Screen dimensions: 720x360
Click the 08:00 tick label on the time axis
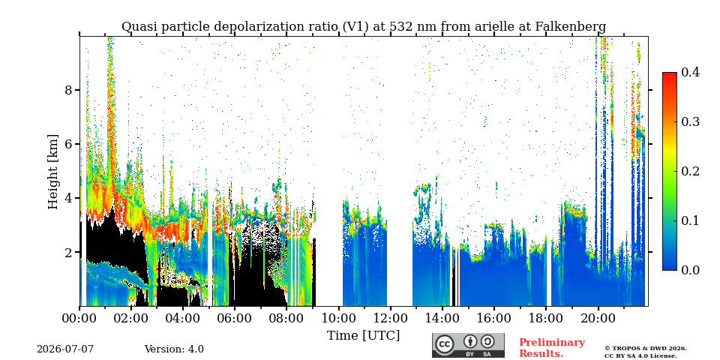point(286,318)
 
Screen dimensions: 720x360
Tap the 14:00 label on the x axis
point(442,318)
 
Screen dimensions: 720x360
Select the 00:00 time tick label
point(80,318)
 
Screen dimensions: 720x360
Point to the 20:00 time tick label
point(598,318)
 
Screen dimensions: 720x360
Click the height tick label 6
point(69,144)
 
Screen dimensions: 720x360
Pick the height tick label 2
point(69,252)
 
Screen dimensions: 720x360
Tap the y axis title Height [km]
point(53,172)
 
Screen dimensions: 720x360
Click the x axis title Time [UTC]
point(363,336)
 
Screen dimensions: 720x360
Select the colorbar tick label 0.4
point(690,72)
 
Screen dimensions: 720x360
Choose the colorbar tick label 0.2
point(690,171)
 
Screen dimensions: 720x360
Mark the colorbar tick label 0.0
point(690,270)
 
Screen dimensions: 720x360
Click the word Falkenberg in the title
point(571,27)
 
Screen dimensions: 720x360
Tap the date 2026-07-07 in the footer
point(65,349)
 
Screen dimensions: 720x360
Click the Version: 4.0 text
point(174,349)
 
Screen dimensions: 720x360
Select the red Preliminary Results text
point(552,348)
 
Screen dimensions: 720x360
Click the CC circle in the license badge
point(444,344)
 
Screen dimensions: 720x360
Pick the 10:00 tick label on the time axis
point(338,318)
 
